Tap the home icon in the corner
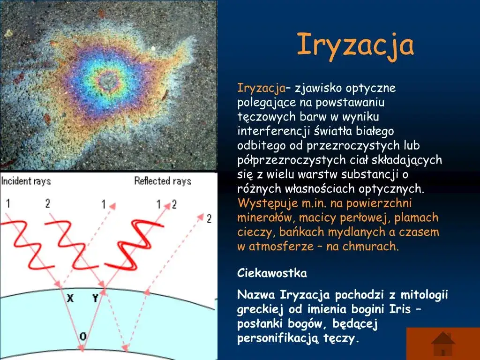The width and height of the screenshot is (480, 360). [x=443, y=344]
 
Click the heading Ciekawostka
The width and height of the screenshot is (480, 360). [x=272, y=273]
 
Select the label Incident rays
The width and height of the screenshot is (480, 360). [x=26, y=181]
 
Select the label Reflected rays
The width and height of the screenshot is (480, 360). [x=163, y=181]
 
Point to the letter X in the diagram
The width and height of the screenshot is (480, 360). [x=70, y=298]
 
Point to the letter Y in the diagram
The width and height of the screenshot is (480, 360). [x=95, y=298]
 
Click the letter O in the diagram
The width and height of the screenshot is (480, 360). [x=83, y=336]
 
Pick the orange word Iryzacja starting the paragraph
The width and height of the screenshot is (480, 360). [x=262, y=88]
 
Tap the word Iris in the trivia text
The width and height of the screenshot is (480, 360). [x=400, y=309]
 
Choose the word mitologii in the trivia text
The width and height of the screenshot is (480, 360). [x=426, y=295]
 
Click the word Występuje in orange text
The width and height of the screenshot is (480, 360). [x=263, y=203]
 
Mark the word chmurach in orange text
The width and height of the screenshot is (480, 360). [x=374, y=247]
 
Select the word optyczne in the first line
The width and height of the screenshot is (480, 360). [x=371, y=88]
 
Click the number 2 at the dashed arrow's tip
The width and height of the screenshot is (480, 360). [x=209, y=218]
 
